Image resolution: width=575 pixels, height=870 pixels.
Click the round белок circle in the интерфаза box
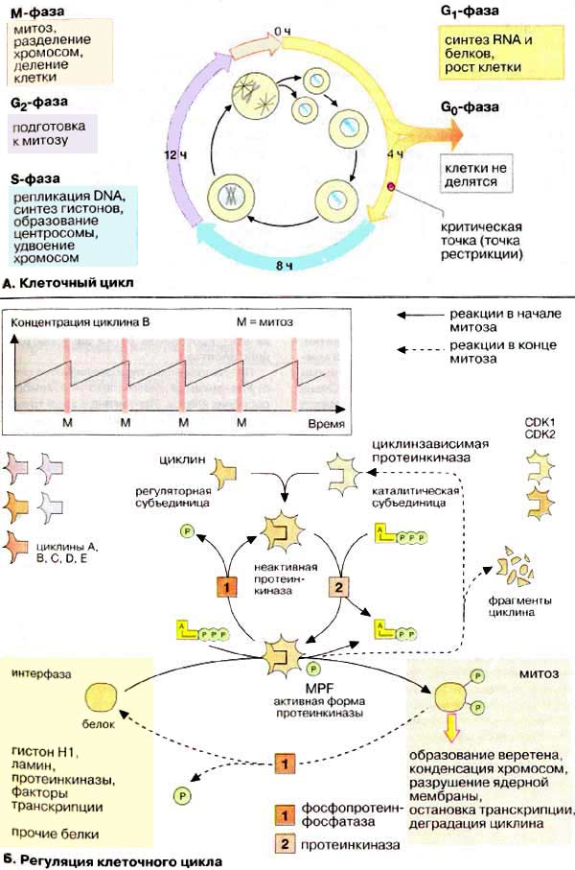click(101, 698)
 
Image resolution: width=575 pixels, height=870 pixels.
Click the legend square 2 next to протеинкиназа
click(284, 844)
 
